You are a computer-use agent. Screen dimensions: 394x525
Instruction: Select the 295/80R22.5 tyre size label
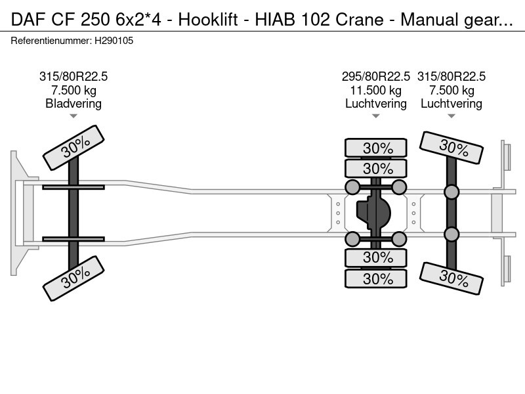[376, 76]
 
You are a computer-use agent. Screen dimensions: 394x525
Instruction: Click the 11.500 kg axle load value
[376, 90]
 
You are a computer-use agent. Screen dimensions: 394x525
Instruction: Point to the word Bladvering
[73, 103]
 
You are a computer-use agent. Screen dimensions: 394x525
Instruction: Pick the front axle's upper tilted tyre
[73, 148]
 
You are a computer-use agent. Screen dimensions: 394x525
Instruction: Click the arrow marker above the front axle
[73, 116]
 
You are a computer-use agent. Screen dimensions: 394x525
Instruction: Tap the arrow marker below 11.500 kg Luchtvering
[376, 116]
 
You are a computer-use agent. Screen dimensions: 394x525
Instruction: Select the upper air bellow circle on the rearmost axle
[451, 192]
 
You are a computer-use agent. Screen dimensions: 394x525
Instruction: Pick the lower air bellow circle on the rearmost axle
[451, 234]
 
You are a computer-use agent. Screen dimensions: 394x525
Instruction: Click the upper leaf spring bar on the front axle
[73, 188]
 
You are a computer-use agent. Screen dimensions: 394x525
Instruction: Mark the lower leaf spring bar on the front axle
[73, 239]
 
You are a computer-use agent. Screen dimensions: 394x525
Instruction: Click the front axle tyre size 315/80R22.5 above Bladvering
[73, 76]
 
